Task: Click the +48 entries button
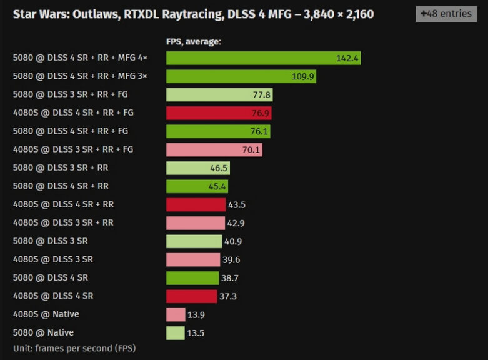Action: coord(446,14)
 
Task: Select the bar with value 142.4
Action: coord(263,58)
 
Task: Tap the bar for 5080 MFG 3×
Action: coord(241,76)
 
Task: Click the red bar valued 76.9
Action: coord(219,113)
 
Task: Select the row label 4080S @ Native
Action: coord(46,314)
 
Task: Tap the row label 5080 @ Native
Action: coord(44,332)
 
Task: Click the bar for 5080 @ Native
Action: coord(175,333)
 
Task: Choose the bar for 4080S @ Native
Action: coord(176,315)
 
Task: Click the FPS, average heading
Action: coord(194,42)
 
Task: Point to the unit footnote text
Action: coord(74,348)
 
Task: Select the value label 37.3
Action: coord(227,296)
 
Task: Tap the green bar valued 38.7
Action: coord(191,278)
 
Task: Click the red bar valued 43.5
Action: coord(196,205)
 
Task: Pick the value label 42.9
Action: coord(236,223)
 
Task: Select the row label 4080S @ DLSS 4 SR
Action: coord(53,296)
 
